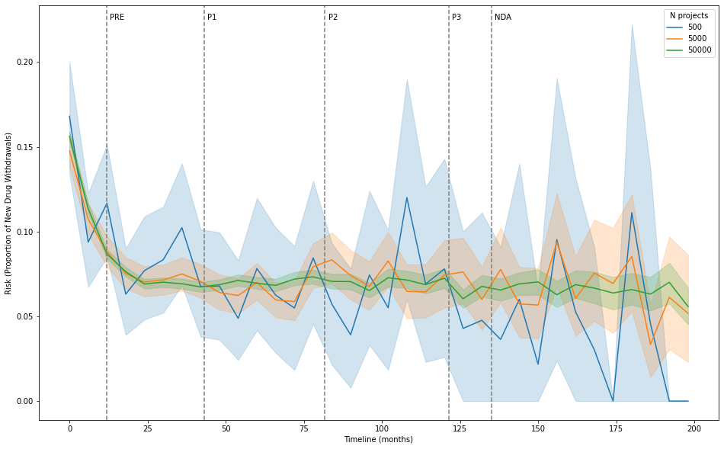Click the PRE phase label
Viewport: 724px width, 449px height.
tap(117, 18)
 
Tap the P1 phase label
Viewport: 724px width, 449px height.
tap(212, 18)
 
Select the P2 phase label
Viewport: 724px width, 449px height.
tap(333, 18)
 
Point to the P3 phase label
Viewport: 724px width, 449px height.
tap(457, 18)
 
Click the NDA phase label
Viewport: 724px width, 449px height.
tap(503, 18)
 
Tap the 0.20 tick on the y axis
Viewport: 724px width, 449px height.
tap(24, 62)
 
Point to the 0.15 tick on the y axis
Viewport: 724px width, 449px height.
tap(24, 147)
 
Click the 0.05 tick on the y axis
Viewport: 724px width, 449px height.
tap(24, 316)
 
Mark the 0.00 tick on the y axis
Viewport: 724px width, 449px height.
tap(24, 401)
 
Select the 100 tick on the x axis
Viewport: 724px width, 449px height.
tap(382, 429)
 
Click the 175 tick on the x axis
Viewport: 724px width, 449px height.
tap(617, 429)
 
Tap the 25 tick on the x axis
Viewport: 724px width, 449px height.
tap(148, 429)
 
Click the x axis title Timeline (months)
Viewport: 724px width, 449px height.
tap(379, 440)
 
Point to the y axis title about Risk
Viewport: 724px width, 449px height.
tap(9, 213)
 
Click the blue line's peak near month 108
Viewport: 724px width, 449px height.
tap(407, 197)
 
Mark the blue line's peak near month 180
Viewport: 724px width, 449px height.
tap(632, 212)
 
